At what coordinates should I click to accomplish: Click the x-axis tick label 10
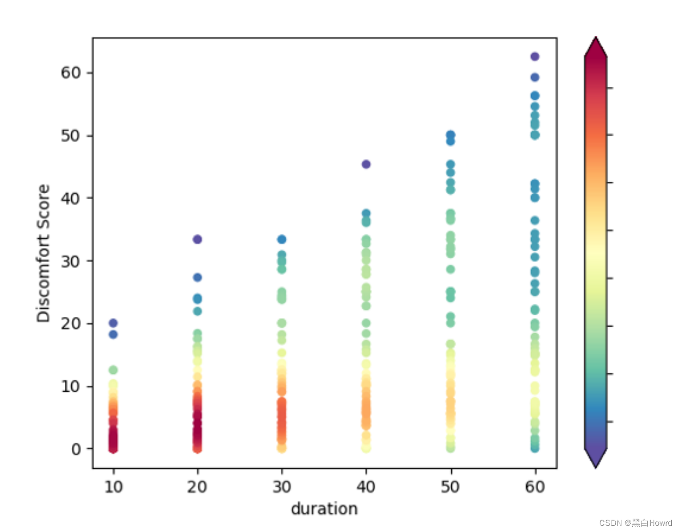(x=113, y=486)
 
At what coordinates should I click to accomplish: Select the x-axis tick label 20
(x=197, y=486)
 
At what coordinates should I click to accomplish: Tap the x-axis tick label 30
(x=282, y=486)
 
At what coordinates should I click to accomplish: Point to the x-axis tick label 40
(x=366, y=486)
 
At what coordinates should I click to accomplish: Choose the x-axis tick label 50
(x=450, y=486)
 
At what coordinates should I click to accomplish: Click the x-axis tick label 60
(x=535, y=486)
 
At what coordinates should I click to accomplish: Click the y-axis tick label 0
(x=76, y=449)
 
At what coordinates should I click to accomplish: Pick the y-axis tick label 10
(x=71, y=387)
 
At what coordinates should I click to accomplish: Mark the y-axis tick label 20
(x=71, y=324)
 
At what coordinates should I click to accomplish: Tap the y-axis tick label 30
(x=71, y=261)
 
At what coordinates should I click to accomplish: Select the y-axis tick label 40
(x=71, y=199)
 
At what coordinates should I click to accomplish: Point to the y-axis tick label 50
(x=71, y=136)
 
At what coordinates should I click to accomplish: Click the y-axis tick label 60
(x=71, y=73)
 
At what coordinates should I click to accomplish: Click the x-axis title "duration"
(x=324, y=509)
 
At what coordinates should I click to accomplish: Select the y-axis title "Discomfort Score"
(x=44, y=253)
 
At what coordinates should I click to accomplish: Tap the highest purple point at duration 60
(x=535, y=56)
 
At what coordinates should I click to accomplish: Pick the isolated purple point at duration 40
(x=366, y=164)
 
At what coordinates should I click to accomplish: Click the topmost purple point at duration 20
(x=197, y=239)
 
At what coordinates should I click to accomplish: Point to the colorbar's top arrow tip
(x=596, y=38)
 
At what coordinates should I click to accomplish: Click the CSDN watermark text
(x=635, y=523)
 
